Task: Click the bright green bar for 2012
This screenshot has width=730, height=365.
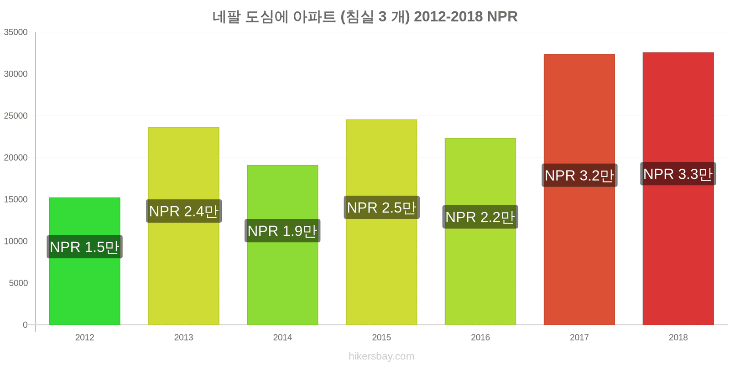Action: tap(85, 261)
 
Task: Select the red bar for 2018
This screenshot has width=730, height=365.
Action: tap(678, 189)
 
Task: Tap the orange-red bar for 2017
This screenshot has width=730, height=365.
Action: tap(579, 189)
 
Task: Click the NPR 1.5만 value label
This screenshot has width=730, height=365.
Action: tap(85, 247)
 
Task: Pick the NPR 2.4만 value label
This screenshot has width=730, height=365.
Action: tap(184, 211)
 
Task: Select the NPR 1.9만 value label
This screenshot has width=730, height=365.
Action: tap(282, 231)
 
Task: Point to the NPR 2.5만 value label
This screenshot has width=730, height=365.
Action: tap(381, 208)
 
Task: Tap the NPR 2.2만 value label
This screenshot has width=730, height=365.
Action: tap(480, 217)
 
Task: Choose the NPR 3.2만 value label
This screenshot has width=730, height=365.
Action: tap(579, 175)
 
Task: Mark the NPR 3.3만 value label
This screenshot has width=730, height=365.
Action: tap(678, 174)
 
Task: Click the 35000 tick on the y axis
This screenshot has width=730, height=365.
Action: tap(16, 32)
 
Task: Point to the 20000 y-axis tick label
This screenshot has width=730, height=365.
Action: tap(16, 158)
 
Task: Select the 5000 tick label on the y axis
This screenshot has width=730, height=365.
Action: tap(18, 283)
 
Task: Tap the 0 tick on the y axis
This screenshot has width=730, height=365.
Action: tap(25, 325)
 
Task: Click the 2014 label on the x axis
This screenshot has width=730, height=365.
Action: tap(282, 337)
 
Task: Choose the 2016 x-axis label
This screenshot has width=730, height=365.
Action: tap(480, 337)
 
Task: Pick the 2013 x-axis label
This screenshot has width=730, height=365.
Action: tap(184, 337)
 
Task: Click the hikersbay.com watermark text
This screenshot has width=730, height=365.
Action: tap(381, 356)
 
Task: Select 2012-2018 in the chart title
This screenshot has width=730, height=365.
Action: tap(448, 16)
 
